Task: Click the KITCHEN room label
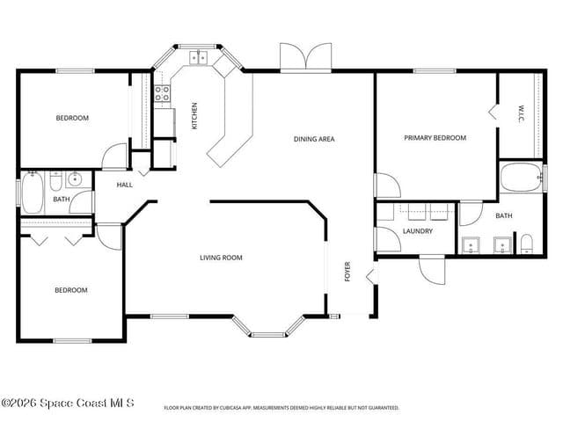click(x=194, y=116)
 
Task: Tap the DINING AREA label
click(x=314, y=139)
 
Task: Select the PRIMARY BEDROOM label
click(x=435, y=138)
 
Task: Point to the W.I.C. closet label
click(x=521, y=113)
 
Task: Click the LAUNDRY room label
click(x=418, y=231)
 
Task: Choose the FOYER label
click(x=347, y=272)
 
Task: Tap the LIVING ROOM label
click(x=221, y=258)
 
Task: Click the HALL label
click(x=125, y=185)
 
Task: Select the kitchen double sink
click(x=199, y=58)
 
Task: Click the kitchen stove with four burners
click(x=162, y=93)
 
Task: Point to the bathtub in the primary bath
click(x=522, y=177)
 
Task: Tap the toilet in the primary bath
click(x=527, y=244)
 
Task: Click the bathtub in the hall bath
click(x=33, y=193)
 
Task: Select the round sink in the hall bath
click(x=75, y=178)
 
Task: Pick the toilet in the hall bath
click(x=55, y=181)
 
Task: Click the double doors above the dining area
click(x=305, y=56)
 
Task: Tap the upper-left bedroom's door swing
click(x=114, y=156)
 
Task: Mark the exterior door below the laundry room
click(x=432, y=270)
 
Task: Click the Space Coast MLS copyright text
click(x=68, y=403)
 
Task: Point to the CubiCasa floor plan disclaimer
click(x=281, y=408)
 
